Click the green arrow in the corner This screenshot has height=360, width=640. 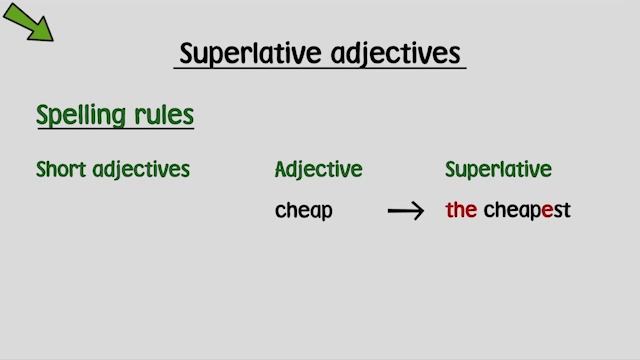tap(29, 22)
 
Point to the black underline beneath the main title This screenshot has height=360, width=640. tap(320, 69)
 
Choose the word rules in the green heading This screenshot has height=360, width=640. tap(164, 114)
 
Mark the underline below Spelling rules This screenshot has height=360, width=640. tap(115, 130)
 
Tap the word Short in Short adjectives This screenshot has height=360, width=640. tap(61, 169)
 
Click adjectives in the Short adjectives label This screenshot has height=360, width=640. tap(141, 170)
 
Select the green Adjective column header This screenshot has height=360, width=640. tap(318, 170)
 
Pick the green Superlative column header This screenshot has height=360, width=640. tap(498, 170)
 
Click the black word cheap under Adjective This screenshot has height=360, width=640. tap(304, 211)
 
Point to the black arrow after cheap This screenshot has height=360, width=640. tap(406, 211)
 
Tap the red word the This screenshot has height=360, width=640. tap(461, 211)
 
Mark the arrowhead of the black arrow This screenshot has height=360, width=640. tap(419, 211)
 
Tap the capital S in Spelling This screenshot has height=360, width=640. tap(43, 114)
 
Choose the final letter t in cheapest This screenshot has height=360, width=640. tap(566, 211)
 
